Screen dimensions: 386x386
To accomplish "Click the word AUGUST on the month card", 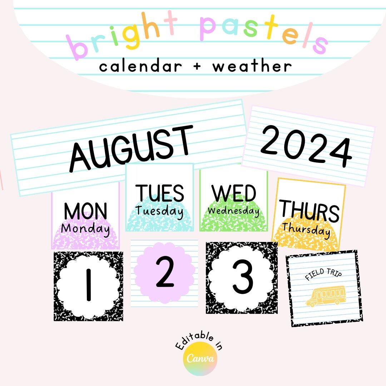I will pyautogui.click(x=130, y=148).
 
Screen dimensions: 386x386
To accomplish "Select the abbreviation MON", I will pyautogui.click(x=85, y=211).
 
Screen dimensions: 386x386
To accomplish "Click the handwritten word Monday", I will pyautogui.click(x=85, y=229).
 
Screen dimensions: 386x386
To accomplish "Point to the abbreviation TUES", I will pyautogui.click(x=160, y=193).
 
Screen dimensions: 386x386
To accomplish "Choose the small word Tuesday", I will pyautogui.click(x=159, y=211).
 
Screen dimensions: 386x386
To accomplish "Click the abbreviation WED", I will pyautogui.click(x=234, y=193).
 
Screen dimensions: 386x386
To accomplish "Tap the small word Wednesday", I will pyautogui.click(x=234, y=211).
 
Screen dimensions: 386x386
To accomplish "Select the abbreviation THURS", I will pyautogui.click(x=309, y=211).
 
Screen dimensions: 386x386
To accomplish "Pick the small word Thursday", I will pyautogui.click(x=306, y=229).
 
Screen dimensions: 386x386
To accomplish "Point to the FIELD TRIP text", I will pyautogui.click(x=323, y=275).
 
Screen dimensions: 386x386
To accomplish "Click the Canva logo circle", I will pyautogui.click(x=200, y=358).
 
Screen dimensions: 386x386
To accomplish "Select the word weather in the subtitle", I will pyautogui.click(x=252, y=66).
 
